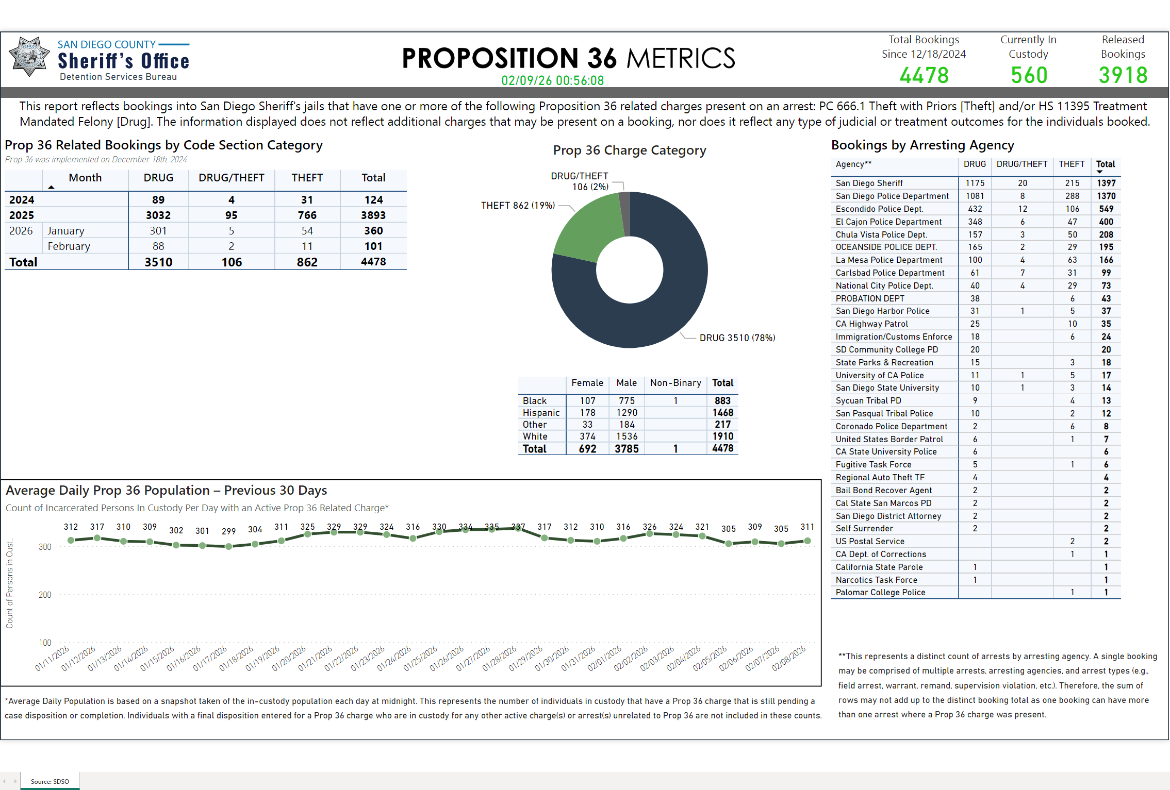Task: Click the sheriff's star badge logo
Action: (29, 57)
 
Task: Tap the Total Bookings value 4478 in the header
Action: (924, 75)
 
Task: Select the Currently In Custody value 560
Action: (1029, 75)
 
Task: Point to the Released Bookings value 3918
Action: (1123, 75)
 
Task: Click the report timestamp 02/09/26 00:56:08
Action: (552, 80)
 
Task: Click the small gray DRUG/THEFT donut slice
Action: (624, 211)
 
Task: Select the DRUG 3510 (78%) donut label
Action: (737, 338)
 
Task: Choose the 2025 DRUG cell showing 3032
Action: (158, 215)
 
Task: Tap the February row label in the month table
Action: (69, 246)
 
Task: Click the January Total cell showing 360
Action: (373, 231)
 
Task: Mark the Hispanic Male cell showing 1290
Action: (627, 413)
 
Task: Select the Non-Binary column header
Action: (675, 383)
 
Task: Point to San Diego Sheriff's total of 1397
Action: (1106, 183)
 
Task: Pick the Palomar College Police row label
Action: (880, 593)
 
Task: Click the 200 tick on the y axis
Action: (45, 595)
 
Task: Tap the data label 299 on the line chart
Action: (228, 531)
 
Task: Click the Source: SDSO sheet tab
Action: (50, 781)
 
